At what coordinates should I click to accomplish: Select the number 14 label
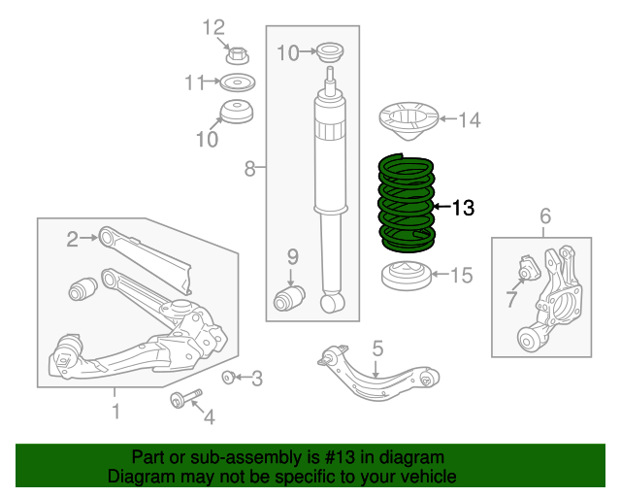(x=469, y=120)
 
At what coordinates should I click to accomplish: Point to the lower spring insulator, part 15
(x=406, y=277)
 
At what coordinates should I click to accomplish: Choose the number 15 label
(x=461, y=276)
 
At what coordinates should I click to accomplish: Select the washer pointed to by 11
(x=236, y=82)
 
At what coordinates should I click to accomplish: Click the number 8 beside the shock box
(x=249, y=170)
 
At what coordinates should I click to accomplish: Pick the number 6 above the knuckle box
(x=544, y=215)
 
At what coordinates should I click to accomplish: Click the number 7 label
(x=511, y=300)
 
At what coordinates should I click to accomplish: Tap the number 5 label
(x=377, y=347)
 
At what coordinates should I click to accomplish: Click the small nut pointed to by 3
(x=229, y=377)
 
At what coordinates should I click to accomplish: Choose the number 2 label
(x=72, y=238)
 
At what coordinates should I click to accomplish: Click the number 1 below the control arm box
(x=115, y=413)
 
